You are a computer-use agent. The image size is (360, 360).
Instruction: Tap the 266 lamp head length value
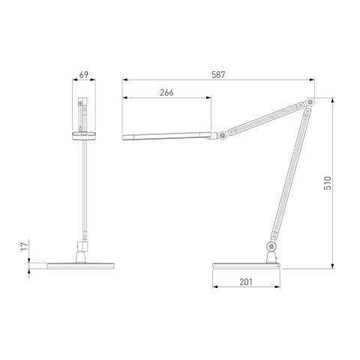pos(167,92)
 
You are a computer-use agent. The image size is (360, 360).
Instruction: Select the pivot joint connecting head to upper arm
pos(222,135)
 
